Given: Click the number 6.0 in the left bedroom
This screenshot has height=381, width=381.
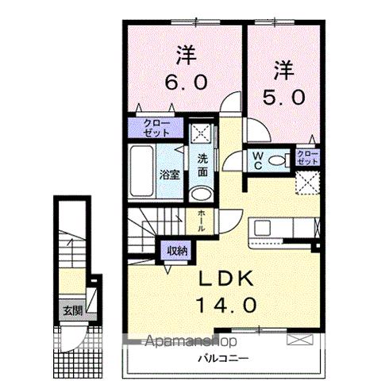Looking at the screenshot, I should pyautogui.click(x=185, y=82).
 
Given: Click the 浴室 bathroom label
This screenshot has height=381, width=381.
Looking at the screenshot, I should pyautogui.click(x=167, y=173).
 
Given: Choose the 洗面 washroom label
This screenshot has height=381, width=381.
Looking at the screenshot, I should pyautogui.click(x=203, y=164).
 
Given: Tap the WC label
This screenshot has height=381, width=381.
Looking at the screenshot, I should pyautogui.click(x=259, y=161).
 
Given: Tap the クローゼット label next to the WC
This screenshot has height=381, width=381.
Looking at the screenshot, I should pyautogui.click(x=306, y=156).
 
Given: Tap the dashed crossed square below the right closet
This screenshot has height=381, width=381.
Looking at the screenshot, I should pyautogui.click(x=307, y=182).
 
